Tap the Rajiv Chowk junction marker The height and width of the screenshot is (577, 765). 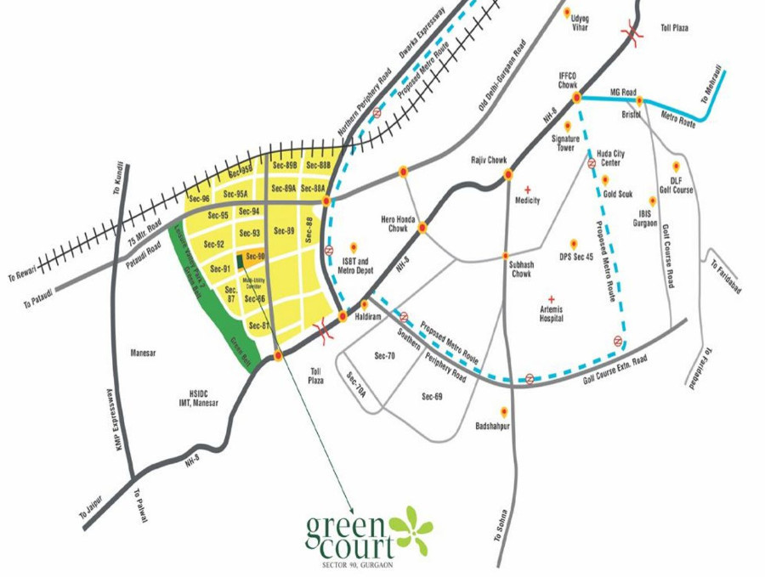[x=507, y=174]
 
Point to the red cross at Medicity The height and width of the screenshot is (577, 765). [x=527, y=190]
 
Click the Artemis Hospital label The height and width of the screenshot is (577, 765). [x=552, y=314]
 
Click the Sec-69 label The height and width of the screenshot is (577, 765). [x=432, y=397]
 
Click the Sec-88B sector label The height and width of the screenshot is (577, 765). [x=317, y=165]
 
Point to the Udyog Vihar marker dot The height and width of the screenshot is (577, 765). [x=567, y=13]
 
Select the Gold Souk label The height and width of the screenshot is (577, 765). [x=618, y=193]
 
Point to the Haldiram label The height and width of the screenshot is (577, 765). [x=376, y=314]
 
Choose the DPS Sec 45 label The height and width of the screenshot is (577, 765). [x=575, y=257]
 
